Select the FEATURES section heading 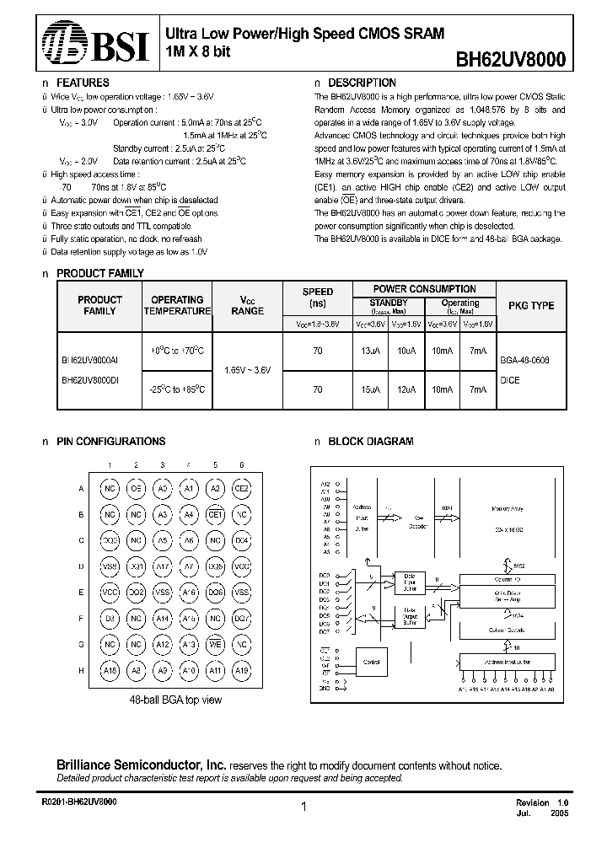(x=82, y=83)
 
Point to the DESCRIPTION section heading (x=362, y=83)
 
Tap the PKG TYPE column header (x=531, y=305)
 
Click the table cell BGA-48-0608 (x=524, y=359)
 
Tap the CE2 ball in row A (x=241, y=489)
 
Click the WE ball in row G (x=215, y=645)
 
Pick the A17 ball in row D (x=163, y=567)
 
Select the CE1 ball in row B (x=215, y=514)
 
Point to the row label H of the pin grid (x=82, y=671)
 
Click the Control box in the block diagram (x=373, y=663)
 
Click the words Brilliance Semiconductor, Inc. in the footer (x=141, y=764)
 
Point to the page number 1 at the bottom (x=303, y=807)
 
